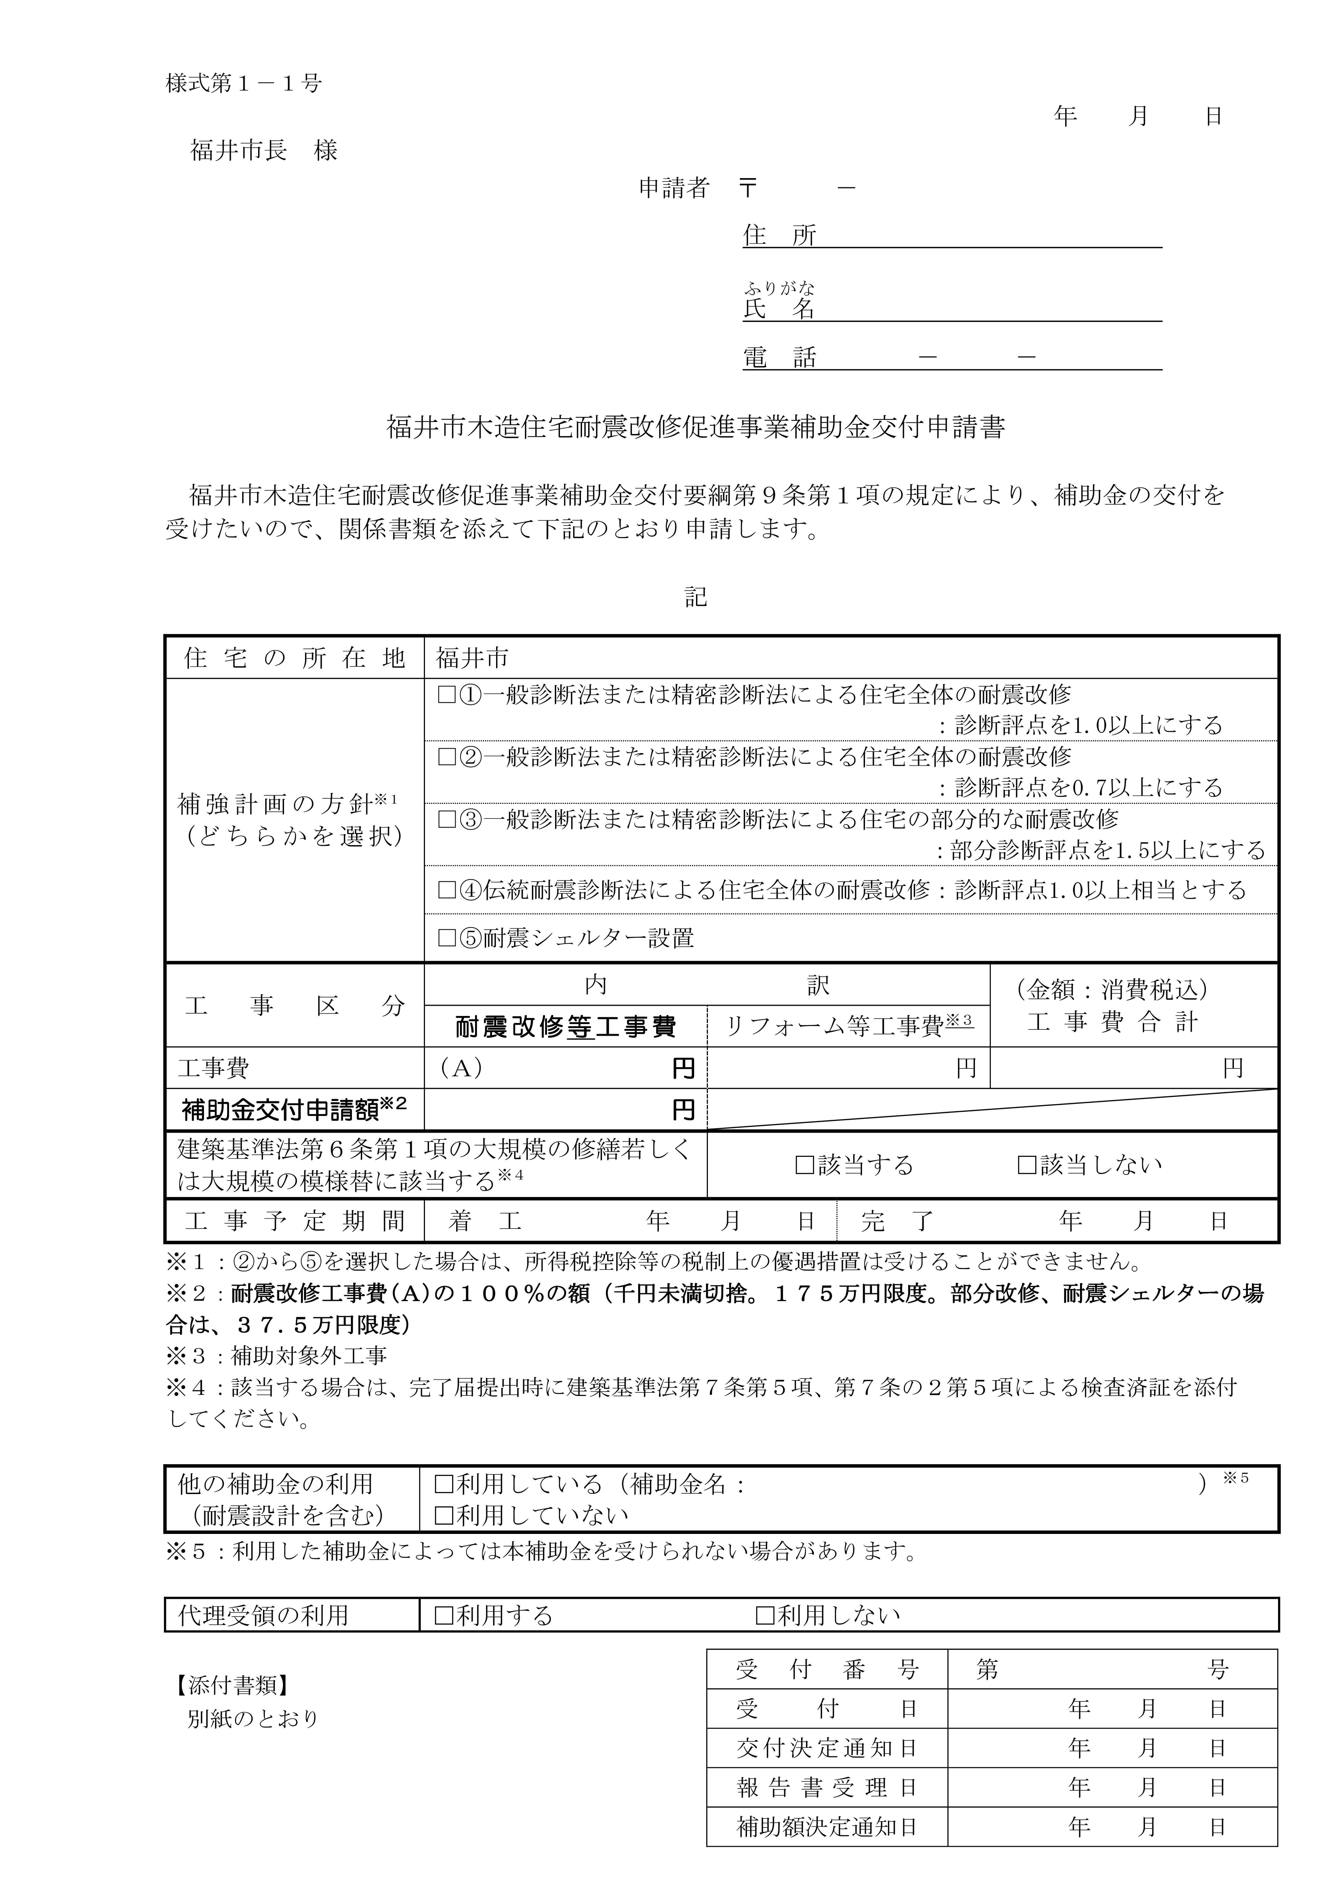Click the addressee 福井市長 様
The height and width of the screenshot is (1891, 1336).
click(264, 151)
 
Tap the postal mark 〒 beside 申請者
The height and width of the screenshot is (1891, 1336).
click(747, 189)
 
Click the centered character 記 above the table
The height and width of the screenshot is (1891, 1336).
click(696, 597)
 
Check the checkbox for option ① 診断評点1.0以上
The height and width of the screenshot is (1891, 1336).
click(447, 695)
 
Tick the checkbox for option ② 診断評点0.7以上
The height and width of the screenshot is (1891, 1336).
click(447, 757)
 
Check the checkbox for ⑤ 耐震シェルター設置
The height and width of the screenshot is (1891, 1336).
click(447, 938)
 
